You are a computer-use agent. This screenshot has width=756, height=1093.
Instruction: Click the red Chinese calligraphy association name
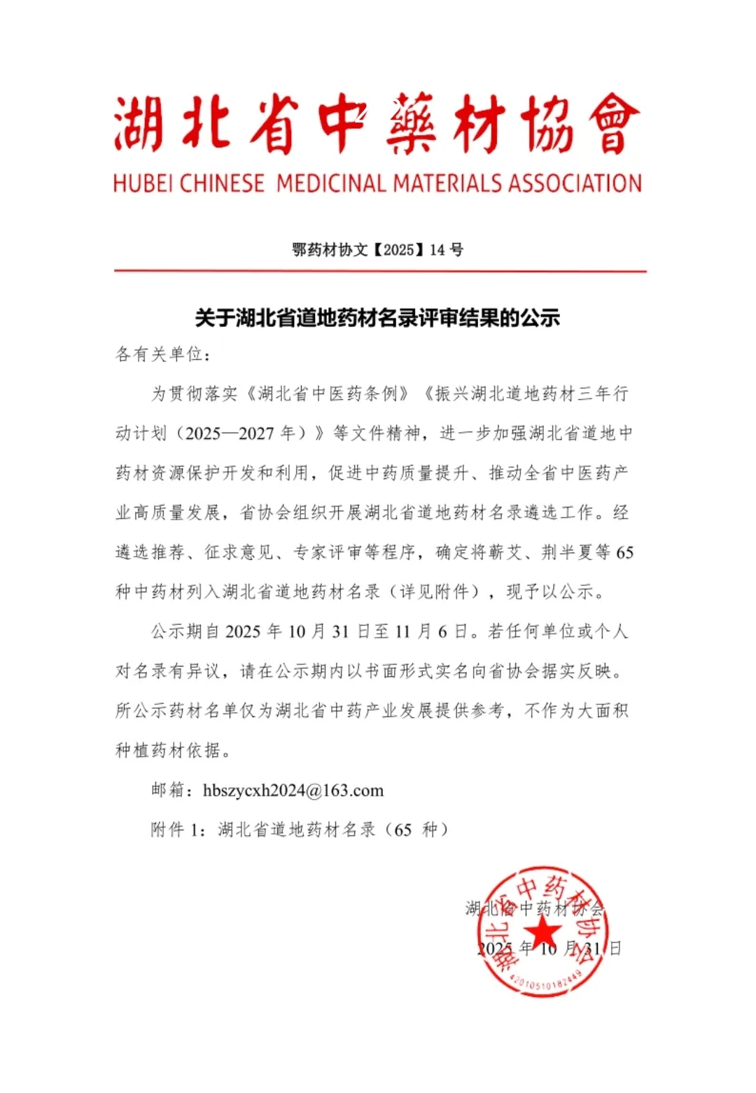[x=377, y=124]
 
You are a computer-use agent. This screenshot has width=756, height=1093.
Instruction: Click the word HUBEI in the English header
[x=143, y=183]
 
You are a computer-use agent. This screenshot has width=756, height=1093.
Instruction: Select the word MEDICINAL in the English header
[x=331, y=183]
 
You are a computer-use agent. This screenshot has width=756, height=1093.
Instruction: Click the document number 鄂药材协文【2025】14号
[x=377, y=250]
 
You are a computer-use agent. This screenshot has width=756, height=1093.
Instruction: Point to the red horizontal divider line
[x=380, y=271]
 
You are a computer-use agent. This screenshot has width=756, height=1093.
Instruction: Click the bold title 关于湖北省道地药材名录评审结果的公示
[x=377, y=318]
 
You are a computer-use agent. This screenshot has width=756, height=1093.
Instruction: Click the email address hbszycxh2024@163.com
[x=293, y=791]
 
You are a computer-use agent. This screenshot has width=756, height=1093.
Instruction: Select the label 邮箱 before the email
[x=168, y=791]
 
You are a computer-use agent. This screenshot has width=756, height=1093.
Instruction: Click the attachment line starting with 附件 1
[x=300, y=830]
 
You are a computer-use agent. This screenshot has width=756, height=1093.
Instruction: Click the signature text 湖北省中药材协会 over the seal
[x=534, y=909]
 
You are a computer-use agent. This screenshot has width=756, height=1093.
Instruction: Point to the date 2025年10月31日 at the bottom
[x=549, y=949]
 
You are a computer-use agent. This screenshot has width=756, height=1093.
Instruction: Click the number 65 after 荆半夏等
[x=624, y=552]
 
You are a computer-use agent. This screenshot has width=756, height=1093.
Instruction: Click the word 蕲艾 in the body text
[x=505, y=552]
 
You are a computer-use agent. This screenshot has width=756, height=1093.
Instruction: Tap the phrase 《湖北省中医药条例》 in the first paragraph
[x=327, y=394]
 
